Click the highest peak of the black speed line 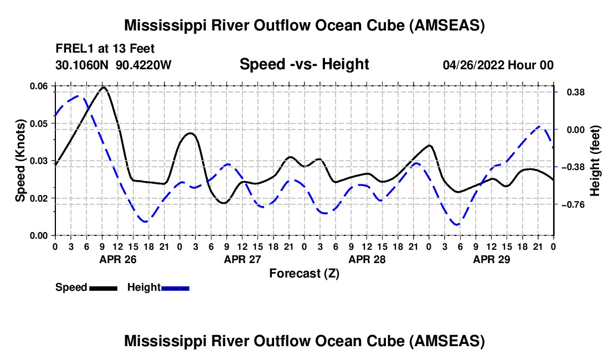(104, 87)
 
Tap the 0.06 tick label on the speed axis (39, 86)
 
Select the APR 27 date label (242, 259)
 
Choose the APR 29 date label (492, 259)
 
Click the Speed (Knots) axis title (20, 160)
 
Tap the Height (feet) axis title (595, 160)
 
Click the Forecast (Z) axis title (304, 273)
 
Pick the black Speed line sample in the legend (103, 288)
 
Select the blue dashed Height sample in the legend (175, 288)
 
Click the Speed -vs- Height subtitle (304, 65)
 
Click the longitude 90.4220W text (144, 65)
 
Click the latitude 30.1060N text (83, 65)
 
